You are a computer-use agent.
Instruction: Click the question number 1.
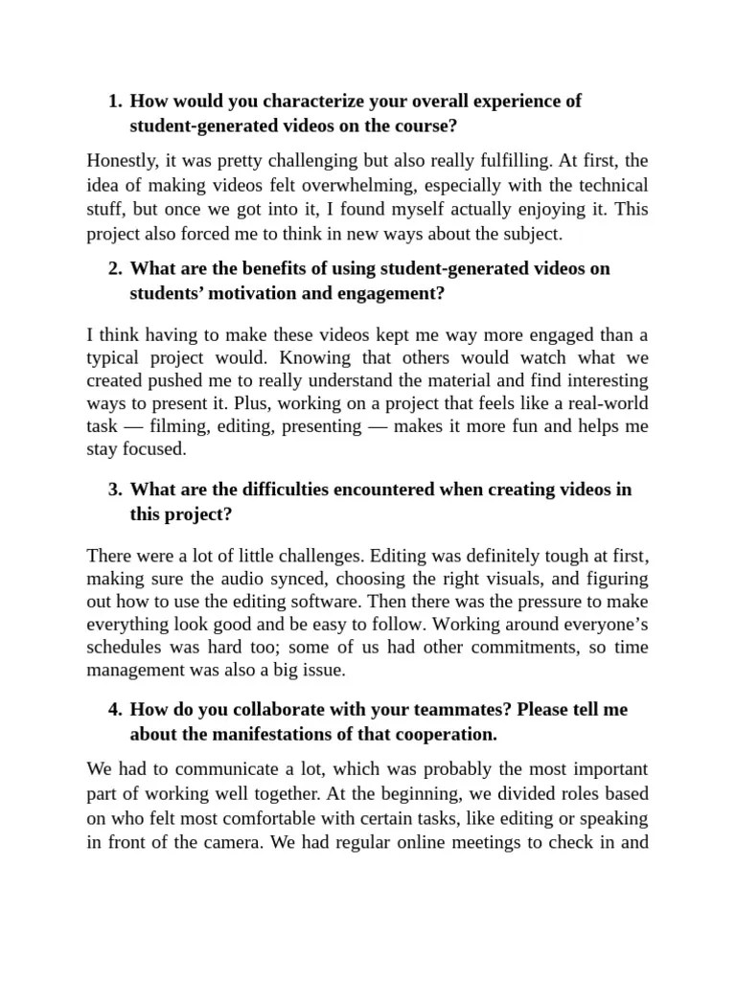click(x=114, y=102)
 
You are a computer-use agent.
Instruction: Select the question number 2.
click(x=114, y=269)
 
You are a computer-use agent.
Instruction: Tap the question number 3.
click(x=114, y=490)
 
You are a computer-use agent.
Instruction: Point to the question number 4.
click(x=114, y=710)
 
